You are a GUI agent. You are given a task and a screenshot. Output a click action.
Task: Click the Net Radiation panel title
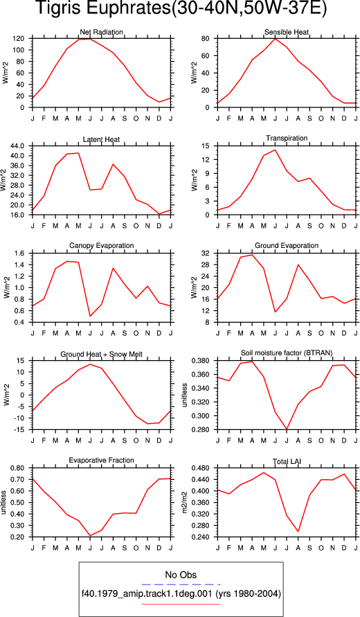tap(102, 32)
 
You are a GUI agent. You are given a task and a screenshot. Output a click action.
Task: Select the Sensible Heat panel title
tap(287, 32)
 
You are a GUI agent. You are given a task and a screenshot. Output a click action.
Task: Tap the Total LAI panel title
tap(287, 461)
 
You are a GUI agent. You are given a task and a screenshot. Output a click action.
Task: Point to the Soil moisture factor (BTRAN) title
tap(287, 353)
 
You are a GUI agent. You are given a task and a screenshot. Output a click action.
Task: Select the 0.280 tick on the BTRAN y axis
tap(203, 430)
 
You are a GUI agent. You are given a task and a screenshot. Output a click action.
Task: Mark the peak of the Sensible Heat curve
tap(275, 39)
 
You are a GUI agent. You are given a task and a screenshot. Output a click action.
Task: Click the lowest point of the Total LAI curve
tap(298, 531)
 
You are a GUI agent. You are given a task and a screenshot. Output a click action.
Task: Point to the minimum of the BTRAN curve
tap(287, 429)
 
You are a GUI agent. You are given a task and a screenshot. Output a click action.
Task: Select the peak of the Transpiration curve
tap(275, 150)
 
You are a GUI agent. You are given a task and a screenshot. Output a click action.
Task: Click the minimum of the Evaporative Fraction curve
tap(90, 535)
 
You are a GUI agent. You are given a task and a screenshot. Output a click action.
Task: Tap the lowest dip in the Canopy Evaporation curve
tap(90, 316)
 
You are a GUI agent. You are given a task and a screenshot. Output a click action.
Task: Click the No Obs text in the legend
tap(181, 575)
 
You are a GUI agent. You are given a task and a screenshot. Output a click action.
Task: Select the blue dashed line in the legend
tap(181, 584)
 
